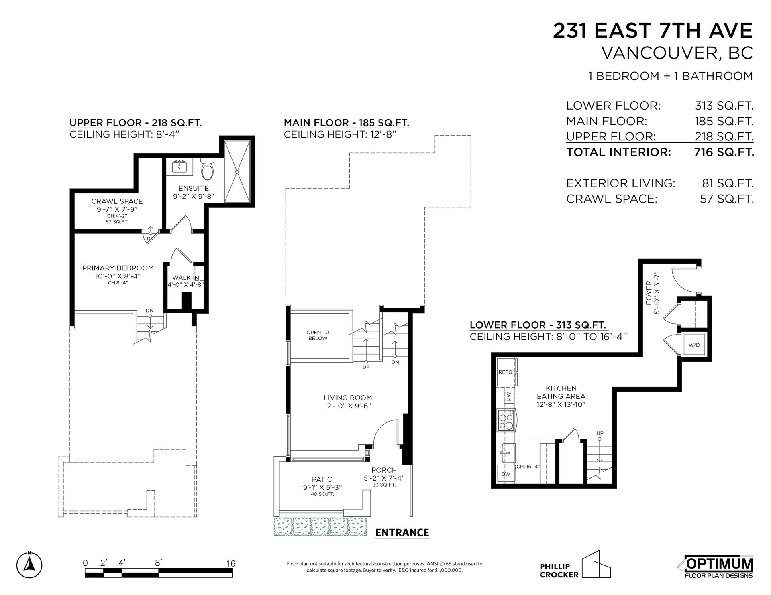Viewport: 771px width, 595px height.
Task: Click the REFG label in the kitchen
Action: [x=505, y=372]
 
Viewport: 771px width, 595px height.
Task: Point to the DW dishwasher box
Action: [x=506, y=474]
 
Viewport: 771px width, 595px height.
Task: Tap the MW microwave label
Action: [x=509, y=397]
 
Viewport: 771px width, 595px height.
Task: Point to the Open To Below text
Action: [x=318, y=335]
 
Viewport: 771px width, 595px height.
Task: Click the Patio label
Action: [x=322, y=479]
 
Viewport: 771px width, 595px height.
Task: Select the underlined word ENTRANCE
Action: [x=402, y=532]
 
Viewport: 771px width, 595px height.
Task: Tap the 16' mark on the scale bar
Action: [x=232, y=563]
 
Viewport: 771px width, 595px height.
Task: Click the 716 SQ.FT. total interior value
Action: [x=724, y=152]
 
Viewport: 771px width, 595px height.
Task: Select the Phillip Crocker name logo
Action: [x=575, y=566]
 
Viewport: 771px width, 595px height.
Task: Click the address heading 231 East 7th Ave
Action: [x=653, y=31]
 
